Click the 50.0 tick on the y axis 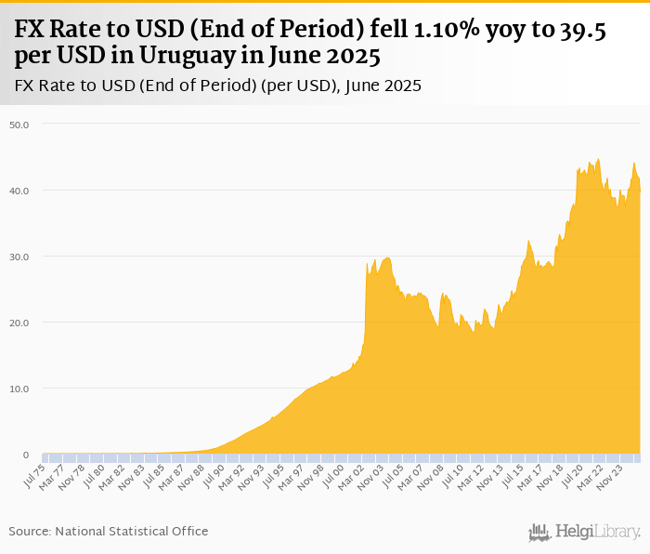[x=19, y=124]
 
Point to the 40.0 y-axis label [x=19, y=191]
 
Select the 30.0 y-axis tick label [x=19, y=257]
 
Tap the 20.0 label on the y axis [x=19, y=323]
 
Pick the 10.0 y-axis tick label [x=19, y=389]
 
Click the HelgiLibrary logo [x=585, y=533]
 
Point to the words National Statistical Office [x=132, y=531]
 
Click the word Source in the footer [x=30, y=531]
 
